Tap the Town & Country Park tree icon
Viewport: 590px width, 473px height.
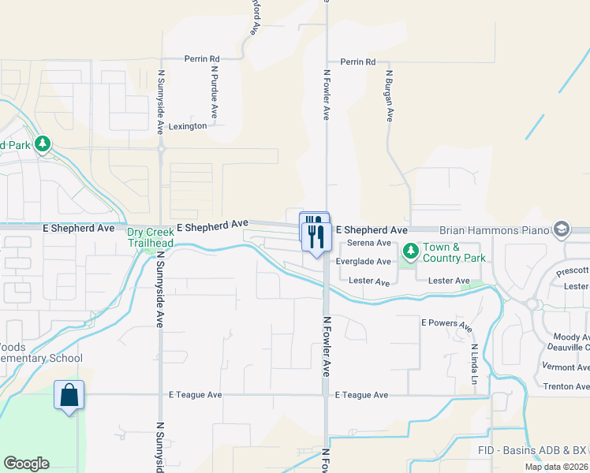click(x=410, y=251)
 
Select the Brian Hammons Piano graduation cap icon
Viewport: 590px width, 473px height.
click(x=562, y=229)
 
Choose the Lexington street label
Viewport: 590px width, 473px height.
click(x=188, y=126)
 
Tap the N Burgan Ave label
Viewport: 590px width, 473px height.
click(x=389, y=95)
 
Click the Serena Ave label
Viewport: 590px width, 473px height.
click(x=369, y=243)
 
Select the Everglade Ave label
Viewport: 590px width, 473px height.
click(x=364, y=262)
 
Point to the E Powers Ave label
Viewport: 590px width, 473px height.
click(x=446, y=324)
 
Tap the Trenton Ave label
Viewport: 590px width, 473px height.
click(x=566, y=386)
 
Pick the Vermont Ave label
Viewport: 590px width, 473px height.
click(x=566, y=367)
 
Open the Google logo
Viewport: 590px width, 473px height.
click(x=26, y=464)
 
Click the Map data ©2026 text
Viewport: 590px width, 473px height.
click(x=556, y=467)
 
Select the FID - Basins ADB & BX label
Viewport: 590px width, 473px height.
click(x=533, y=450)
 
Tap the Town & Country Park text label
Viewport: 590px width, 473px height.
click(x=454, y=252)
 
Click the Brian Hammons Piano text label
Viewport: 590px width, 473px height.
click(x=494, y=229)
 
